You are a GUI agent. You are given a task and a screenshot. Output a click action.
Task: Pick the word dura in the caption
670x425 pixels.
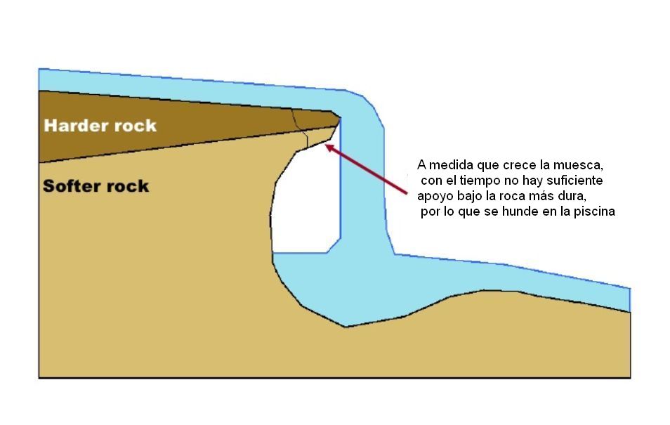tap(570, 197)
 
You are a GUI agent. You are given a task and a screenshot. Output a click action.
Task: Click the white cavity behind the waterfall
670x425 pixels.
tap(303, 204)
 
